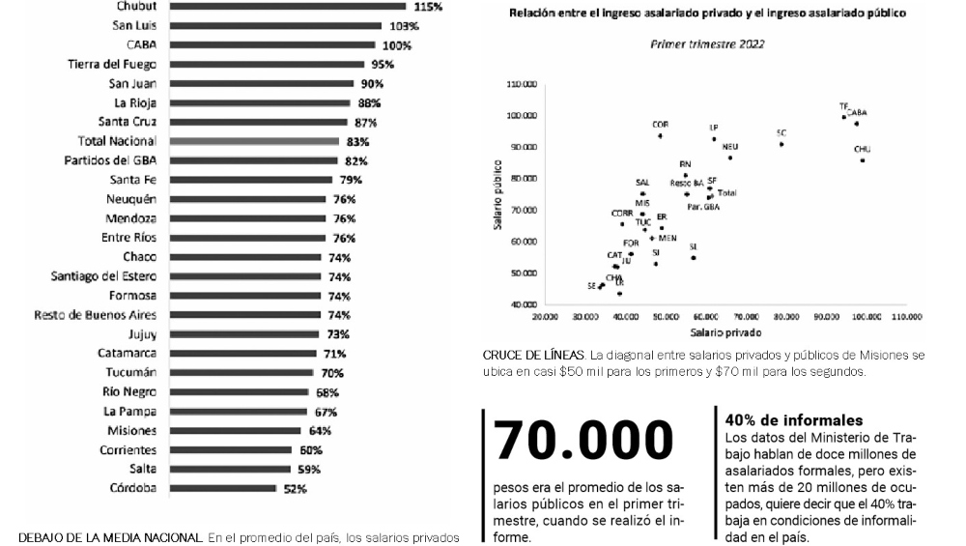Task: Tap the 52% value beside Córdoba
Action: pos(295,489)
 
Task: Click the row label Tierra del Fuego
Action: pos(114,65)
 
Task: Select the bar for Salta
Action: pos(230,470)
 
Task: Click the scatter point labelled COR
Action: pos(660,135)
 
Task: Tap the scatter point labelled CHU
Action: pos(863,159)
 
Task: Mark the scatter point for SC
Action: pos(781,144)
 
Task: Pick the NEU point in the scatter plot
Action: pos(730,158)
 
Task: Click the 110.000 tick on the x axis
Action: pos(907,317)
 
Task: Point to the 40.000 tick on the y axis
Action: pos(523,304)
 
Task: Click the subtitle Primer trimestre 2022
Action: pos(703,44)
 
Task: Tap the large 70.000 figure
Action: pos(583,441)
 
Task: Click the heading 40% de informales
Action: pos(794,420)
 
